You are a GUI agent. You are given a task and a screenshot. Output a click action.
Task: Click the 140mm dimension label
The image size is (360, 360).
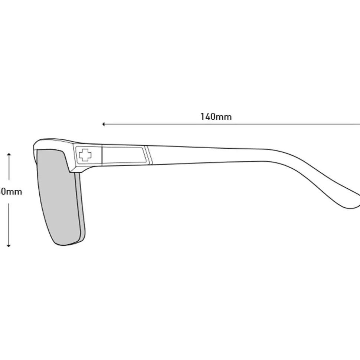tap(216, 117)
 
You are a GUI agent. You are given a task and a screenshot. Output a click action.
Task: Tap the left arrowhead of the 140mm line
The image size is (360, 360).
tap(104, 124)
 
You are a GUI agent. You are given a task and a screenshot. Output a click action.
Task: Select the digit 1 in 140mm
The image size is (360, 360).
tap(202, 117)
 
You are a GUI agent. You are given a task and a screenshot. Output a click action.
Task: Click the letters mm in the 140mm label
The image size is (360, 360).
tap(224, 117)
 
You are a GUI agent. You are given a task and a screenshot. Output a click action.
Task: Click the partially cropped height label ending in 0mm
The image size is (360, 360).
tap(11, 192)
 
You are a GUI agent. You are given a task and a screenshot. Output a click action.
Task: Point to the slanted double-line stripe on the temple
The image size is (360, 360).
tap(149, 155)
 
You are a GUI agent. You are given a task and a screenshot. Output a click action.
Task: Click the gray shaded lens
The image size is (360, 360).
tap(56, 196)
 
